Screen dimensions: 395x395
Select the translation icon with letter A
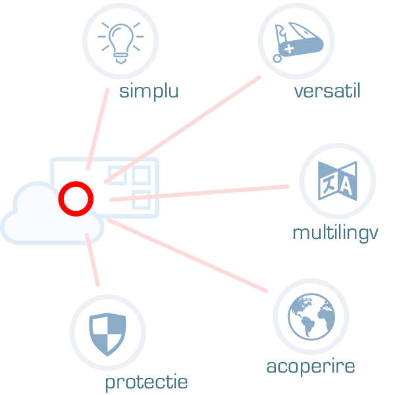click(337, 181)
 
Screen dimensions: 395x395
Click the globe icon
click(311, 317)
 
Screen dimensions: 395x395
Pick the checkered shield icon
click(107, 332)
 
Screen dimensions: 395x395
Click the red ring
click(76, 198)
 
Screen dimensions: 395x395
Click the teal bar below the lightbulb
click(149, 92)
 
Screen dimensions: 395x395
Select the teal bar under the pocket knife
click(327, 90)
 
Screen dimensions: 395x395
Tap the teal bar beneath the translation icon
click(336, 232)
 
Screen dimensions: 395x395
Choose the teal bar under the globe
click(311, 367)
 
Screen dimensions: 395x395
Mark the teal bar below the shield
click(147, 383)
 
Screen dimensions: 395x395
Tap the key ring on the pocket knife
click(277, 58)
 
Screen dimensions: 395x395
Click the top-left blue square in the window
click(117, 174)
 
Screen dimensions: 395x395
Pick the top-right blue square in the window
click(141, 174)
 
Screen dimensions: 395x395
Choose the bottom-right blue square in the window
click(141, 199)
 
